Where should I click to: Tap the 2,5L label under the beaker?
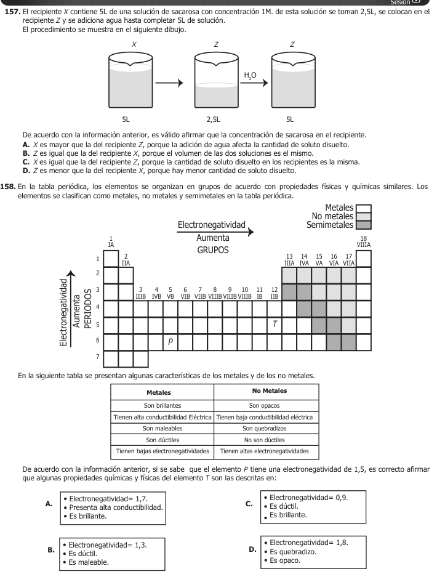click(x=215, y=119)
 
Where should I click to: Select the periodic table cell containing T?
click(x=274, y=325)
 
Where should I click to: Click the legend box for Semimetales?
click(x=364, y=225)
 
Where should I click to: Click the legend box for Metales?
click(x=364, y=208)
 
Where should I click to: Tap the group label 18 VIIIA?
click(x=364, y=241)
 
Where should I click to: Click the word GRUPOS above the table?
click(x=212, y=250)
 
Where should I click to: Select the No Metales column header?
click(x=266, y=391)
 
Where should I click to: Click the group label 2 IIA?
click(x=126, y=259)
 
